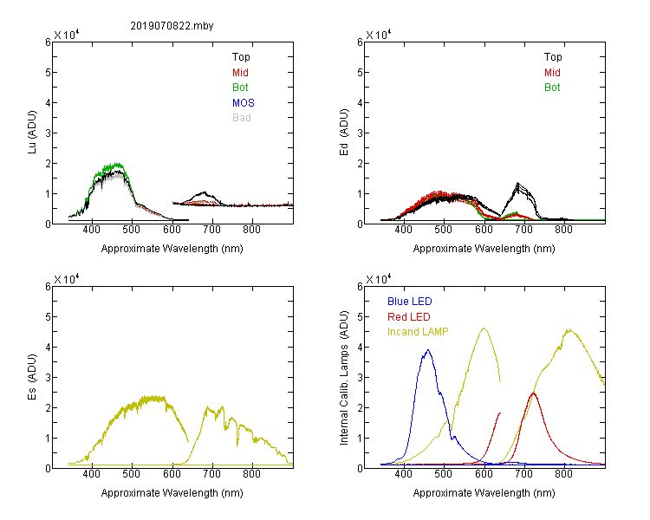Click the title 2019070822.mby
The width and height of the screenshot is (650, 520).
point(172,26)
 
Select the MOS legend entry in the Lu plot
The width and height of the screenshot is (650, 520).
point(244,103)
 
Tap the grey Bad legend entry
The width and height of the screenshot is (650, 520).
point(242,118)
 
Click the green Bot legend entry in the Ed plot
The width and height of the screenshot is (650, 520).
point(552,88)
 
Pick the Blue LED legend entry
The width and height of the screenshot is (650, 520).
point(410,302)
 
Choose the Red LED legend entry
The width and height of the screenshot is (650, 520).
point(409,317)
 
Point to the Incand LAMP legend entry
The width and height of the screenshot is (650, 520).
point(418,332)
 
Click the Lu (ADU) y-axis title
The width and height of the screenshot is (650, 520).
point(32,133)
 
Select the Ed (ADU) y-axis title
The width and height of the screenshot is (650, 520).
point(344,133)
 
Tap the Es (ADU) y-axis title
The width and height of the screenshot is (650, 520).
point(32,377)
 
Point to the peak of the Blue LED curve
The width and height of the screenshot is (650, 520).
point(428,350)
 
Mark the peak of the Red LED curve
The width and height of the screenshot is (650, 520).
point(533,393)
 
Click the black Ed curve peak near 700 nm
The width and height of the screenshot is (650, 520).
point(517,183)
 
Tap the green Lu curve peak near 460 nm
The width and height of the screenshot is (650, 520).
point(117,164)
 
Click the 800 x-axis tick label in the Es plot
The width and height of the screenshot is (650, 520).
point(251,474)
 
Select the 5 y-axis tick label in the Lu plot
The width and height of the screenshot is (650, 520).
point(48,73)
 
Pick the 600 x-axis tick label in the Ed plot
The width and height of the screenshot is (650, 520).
point(484,230)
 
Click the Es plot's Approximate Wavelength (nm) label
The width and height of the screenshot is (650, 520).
point(172,493)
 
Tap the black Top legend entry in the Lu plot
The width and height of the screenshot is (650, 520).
point(241,57)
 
